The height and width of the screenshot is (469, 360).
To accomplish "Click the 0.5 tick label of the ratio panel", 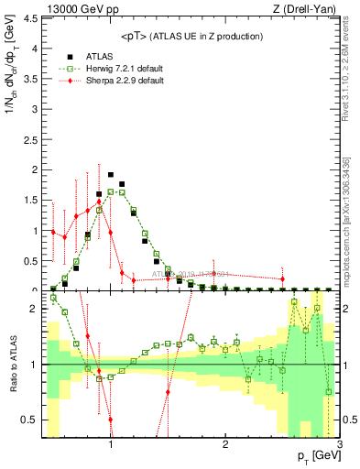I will (32, 420).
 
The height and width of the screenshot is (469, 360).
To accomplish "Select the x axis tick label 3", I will (339, 445).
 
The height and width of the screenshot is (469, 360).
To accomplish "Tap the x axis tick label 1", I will (111, 445).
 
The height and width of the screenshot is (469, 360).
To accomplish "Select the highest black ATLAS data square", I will (111, 174).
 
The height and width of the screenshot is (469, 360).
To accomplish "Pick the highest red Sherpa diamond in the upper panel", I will (99, 202).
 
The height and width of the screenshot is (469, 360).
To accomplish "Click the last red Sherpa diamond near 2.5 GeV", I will (282, 278).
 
